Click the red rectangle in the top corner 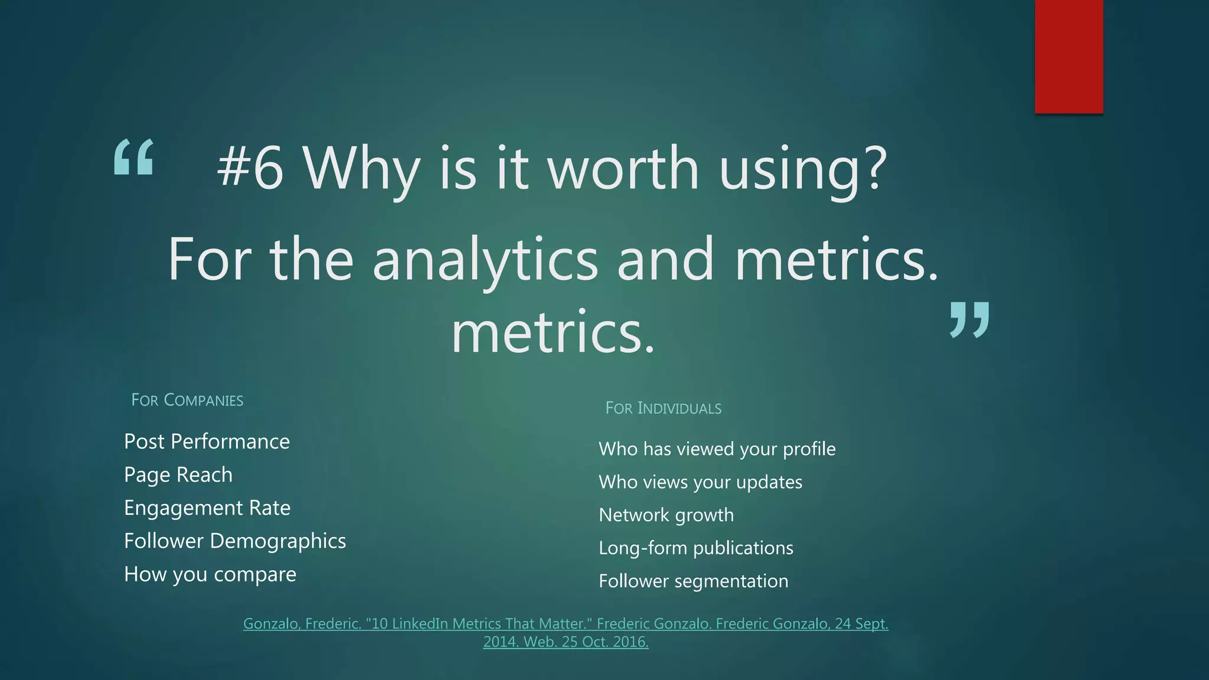pyautogui.click(x=1069, y=56)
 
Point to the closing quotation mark pyautogui.click(x=969, y=319)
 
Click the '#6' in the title pyautogui.click(x=250, y=168)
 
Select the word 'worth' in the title pyautogui.click(x=623, y=168)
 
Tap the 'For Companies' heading pyautogui.click(x=187, y=400)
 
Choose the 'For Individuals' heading pyautogui.click(x=663, y=408)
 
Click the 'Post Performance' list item pyautogui.click(x=207, y=442)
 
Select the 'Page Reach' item pyautogui.click(x=178, y=475)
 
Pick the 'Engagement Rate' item pyautogui.click(x=207, y=508)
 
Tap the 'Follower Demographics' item pyautogui.click(x=235, y=541)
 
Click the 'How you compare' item pyautogui.click(x=210, y=574)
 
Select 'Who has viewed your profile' pyautogui.click(x=717, y=449)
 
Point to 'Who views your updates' pyautogui.click(x=700, y=482)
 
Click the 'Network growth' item pyautogui.click(x=666, y=515)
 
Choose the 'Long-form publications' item pyautogui.click(x=695, y=548)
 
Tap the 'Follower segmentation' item pyautogui.click(x=693, y=581)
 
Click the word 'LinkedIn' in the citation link pyautogui.click(x=419, y=624)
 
